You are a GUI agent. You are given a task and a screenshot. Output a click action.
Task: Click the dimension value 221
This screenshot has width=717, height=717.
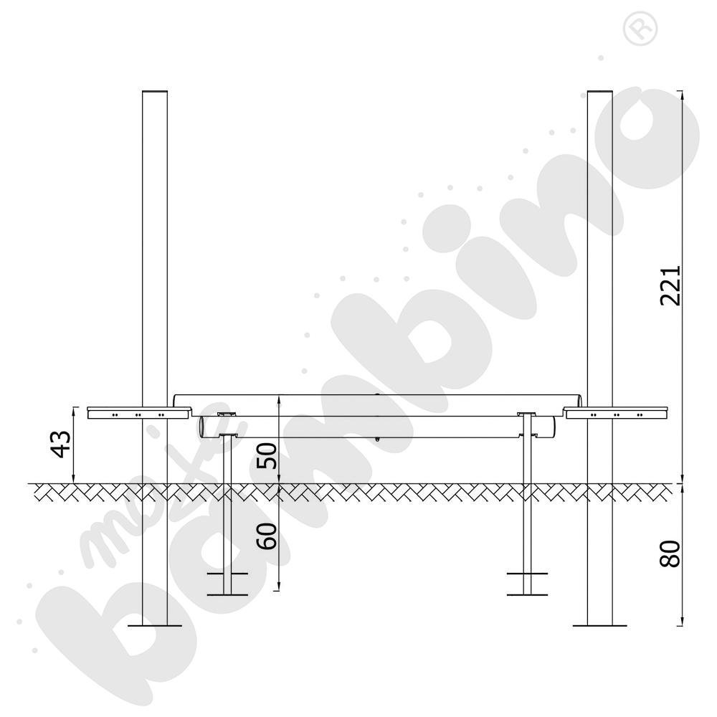[x=670, y=285]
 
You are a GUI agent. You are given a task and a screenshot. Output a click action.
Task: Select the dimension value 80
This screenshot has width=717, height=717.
[x=670, y=554]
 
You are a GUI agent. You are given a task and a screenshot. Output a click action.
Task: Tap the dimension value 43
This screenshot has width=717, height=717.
[x=61, y=444]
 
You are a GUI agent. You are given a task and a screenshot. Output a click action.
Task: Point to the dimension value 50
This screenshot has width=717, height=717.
[x=267, y=456]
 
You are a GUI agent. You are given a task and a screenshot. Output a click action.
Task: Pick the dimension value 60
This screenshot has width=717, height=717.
[x=267, y=536]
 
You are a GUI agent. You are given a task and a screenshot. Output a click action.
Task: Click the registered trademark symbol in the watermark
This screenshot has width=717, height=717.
[x=640, y=29]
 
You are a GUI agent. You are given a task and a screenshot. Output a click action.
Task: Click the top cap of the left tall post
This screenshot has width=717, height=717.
[x=155, y=92]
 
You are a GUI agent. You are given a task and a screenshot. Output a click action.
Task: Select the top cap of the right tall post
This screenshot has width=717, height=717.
[x=600, y=92]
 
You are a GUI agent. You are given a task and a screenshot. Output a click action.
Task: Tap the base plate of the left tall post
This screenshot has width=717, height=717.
[x=155, y=625]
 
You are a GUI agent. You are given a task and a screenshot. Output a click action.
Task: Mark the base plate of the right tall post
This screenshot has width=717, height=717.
[x=600, y=625]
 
